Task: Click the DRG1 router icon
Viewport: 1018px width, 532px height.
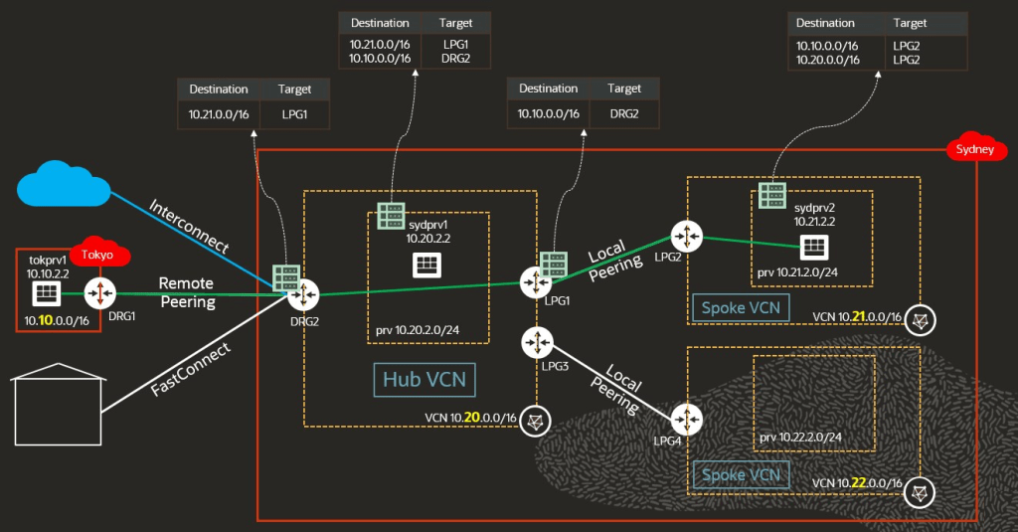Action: coord(100,293)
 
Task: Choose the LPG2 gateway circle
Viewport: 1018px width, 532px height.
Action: coord(686,237)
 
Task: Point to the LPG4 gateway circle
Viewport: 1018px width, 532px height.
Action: coord(686,418)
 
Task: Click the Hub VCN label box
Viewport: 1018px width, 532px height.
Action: coord(424,379)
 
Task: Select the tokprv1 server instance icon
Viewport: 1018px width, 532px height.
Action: coord(46,293)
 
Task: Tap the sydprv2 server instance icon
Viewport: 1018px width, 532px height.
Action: coord(813,245)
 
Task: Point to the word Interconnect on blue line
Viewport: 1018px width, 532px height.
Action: coord(189,227)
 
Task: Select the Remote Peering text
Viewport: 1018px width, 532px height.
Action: coord(187,292)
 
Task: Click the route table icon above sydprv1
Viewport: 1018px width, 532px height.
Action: coord(390,216)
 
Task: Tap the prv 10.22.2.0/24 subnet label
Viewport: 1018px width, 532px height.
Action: coord(800,437)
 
